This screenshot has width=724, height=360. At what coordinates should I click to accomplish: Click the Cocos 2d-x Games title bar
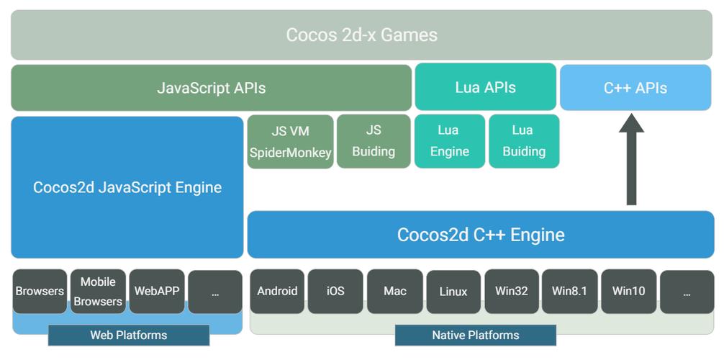361,35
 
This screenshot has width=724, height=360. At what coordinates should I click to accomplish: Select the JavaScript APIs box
211,88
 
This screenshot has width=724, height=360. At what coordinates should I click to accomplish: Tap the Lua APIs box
485,87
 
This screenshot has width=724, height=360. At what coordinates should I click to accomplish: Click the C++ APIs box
635,88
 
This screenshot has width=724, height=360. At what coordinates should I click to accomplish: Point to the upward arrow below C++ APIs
631,162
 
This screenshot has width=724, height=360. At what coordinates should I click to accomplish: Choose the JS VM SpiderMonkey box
290,141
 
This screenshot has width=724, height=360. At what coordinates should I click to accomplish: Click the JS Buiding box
373,141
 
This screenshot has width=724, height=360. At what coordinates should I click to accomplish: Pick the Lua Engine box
449,141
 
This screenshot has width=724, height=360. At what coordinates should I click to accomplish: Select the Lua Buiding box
523,141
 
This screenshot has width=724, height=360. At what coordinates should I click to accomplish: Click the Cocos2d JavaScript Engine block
127,187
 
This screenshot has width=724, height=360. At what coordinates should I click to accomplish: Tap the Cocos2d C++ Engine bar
480,235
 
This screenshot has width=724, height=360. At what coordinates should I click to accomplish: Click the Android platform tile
277,292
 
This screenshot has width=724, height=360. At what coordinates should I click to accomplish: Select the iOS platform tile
335,292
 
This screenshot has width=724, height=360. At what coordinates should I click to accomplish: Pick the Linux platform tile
453,292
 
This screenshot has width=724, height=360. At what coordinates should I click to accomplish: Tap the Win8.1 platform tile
569,292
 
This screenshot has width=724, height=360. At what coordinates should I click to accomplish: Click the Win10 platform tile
628,292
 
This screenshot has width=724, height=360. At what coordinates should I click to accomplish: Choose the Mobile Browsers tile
98,292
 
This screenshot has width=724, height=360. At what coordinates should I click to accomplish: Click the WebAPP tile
156,292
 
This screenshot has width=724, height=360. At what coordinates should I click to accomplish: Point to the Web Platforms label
128,336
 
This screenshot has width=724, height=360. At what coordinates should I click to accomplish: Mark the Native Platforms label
475,336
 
